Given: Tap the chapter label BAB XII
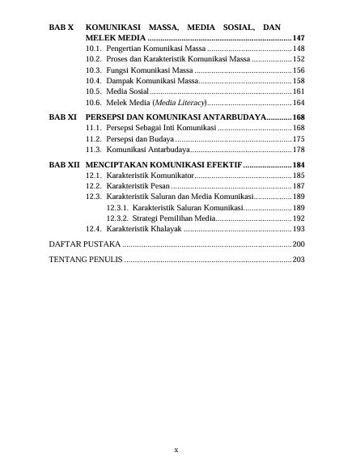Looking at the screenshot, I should click(65, 163).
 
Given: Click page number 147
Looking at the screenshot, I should click(299, 39).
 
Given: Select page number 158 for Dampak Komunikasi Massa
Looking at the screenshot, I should click(299, 82).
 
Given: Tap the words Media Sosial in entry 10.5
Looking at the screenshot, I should click(127, 93).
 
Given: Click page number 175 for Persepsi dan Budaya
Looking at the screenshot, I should click(299, 139).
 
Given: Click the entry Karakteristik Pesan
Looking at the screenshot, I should click(138, 185).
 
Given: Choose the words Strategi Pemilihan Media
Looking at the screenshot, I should click(173, 218).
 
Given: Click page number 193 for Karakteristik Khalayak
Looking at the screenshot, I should click(299, 229).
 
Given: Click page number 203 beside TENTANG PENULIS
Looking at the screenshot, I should click(299, 260).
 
